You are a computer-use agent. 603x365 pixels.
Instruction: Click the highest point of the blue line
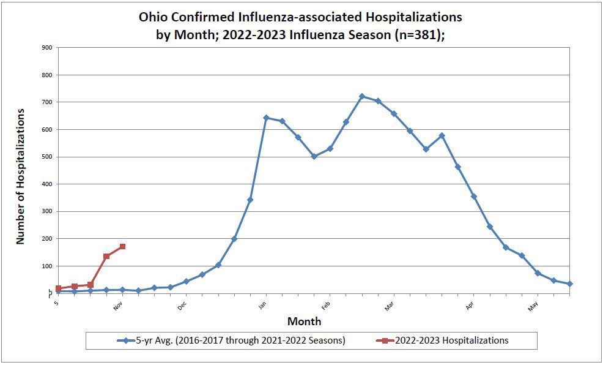point(362,96)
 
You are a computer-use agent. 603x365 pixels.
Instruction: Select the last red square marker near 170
point(122,247)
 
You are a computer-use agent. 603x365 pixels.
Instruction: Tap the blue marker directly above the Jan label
point(266,118)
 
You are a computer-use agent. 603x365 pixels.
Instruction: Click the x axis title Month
point(304,322)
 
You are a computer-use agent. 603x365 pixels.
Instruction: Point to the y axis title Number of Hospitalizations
point(20,176)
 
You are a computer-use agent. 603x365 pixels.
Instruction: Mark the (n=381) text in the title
point(416,35)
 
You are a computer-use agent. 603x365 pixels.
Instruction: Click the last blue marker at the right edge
point(570,284)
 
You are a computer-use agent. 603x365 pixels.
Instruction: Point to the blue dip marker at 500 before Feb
point(314,157)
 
